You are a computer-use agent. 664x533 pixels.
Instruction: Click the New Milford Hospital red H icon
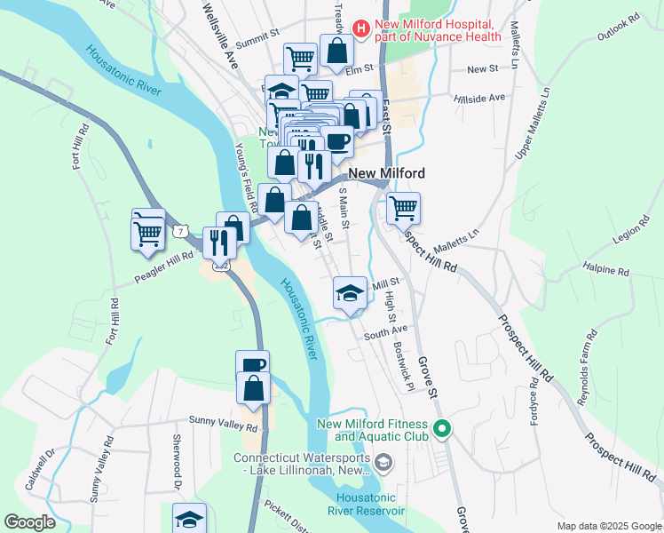(361, 28)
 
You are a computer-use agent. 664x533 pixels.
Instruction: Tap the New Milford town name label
(386, 174)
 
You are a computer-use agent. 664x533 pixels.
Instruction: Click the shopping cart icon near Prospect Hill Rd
(403, 208)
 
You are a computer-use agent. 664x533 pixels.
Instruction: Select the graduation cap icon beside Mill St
(350, 293)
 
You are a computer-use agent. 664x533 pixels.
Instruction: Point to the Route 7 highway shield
(181, 231)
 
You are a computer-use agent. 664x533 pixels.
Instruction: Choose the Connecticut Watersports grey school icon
(383, 461)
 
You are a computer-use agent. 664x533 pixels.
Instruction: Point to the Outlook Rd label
(618, 28)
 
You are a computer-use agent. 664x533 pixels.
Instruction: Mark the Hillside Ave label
(479, 98)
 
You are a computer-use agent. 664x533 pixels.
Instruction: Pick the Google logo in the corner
(30, 522)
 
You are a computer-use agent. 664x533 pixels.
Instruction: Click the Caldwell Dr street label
(41, 469)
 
